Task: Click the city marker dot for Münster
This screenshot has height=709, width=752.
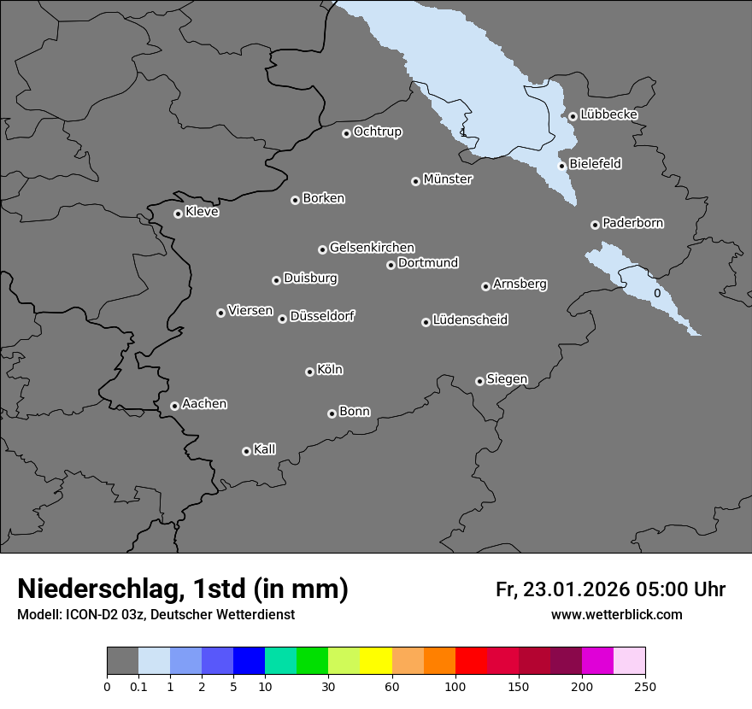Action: pos(415,181)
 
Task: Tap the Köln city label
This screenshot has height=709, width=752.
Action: pos(330,370)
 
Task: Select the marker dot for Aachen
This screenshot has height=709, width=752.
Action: pos(174,406)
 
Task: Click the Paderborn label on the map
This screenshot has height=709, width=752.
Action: pos(632,223)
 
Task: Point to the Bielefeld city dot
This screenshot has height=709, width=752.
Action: pos(561,166)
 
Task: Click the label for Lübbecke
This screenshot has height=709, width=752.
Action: pos(608,114)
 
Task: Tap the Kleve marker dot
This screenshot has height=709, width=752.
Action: pos(178,214)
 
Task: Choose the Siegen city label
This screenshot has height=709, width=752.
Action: pos(507,379)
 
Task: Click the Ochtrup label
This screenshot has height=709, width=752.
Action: pos(378,132)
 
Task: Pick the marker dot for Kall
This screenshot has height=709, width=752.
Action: pos(246,451)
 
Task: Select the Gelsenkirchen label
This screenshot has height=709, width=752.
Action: pos(372,248)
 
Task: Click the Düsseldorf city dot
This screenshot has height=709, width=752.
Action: pos(282,319)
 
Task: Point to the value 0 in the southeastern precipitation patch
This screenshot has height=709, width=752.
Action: pos(656,293)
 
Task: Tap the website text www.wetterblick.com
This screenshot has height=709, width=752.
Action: pos(616,615)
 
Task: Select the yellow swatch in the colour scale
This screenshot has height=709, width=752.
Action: pos(376,661)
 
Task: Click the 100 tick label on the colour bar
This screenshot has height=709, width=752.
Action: pos(455,686)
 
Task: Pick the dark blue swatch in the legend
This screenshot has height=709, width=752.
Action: pos(249,661)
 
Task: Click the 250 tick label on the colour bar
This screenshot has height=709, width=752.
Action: pos(645,686)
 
